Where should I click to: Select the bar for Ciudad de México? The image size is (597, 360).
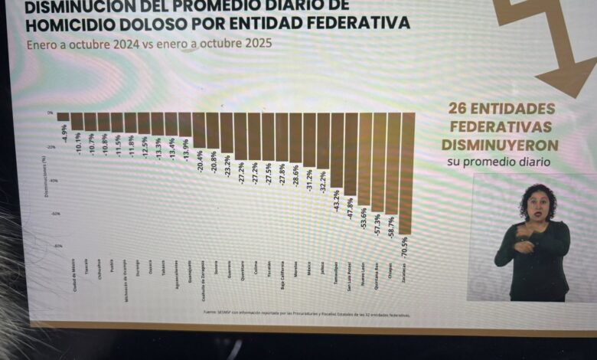pos(63,117)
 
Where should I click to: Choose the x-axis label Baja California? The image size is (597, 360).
pos(282,273)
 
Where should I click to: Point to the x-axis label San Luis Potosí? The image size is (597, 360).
pos(350,272)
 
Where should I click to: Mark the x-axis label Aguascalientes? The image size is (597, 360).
pos(175,271)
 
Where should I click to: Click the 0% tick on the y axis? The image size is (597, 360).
pos(50,113)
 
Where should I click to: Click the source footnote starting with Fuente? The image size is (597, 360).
pos(306,314)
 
